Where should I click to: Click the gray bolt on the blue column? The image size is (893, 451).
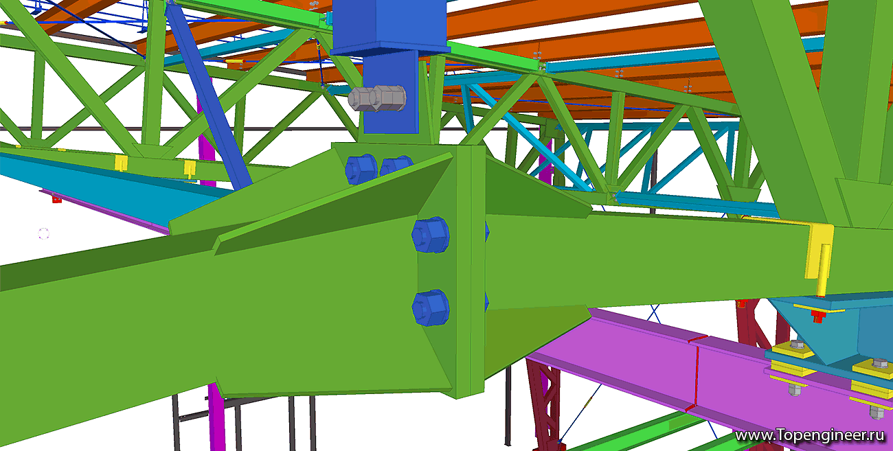(377, 98)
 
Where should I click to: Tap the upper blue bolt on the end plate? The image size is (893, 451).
(431, 235)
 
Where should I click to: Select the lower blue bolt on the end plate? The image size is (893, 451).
(431, 308)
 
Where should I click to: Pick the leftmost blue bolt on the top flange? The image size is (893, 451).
(361, 170)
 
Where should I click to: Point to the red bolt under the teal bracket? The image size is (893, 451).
(818, 316)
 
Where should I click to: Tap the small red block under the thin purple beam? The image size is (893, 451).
(57, 199)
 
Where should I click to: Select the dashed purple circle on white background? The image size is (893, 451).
(43, 233)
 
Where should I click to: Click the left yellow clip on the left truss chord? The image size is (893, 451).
(121, 163)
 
